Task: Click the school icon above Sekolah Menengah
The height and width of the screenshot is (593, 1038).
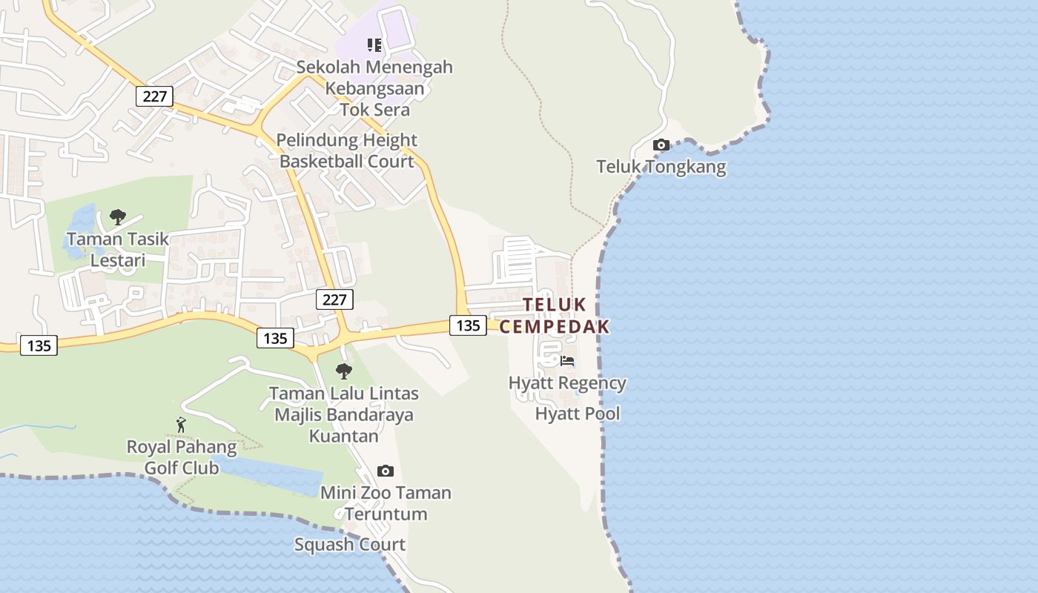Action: pyautogui.click(x=374, y=45)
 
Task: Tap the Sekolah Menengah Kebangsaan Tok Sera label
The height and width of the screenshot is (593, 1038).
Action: pyautogui.click(x=374, y=88)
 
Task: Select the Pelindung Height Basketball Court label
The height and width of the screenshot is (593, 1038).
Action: pyautogui.click(x=346, y=150)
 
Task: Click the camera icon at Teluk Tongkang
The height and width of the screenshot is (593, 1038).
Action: pyautogui.click(x=661, y=145)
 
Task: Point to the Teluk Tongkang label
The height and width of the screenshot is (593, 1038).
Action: pyautogui.click(x=661, y=167)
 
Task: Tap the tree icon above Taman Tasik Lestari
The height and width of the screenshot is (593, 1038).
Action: pyautogui.click(x=117, y=217)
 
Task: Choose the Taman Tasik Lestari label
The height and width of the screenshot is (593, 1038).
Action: pyautogui.click(x=117, y=250)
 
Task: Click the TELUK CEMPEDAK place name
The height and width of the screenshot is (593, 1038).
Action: pyautogui.click(x=555, y=316)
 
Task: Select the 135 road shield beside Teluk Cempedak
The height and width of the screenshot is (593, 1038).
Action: pyautogui.click(x=468, y=325)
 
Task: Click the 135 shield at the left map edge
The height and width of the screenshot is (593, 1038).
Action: pyautogui.click(x=39, y=345)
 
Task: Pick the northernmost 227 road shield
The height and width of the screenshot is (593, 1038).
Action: pyautogui.click(x=154, y=96)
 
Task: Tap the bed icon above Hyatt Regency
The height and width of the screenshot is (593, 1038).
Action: pyautogui.click(x=567, y=362)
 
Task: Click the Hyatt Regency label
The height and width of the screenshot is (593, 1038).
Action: pyautogui.click(x=567, y=383)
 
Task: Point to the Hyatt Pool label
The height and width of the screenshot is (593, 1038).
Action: pyautogui.click(x=578, y=414)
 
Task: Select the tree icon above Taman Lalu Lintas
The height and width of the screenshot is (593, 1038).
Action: pyautogui.click(x=343, y=371)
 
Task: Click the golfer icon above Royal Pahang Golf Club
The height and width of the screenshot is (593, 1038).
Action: pyautogui.click(x=181, y=425)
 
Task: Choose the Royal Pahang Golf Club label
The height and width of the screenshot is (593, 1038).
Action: pyautogui.click(x=181, y=457)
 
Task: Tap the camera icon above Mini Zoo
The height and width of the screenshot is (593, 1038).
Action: pyautogui.click(x=385, y=471)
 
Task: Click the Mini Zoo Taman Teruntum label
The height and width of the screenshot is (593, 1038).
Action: pyautogui.click(x=386, y=503)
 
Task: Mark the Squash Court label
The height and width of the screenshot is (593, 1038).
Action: pyautogui.click(x=350, y=545)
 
